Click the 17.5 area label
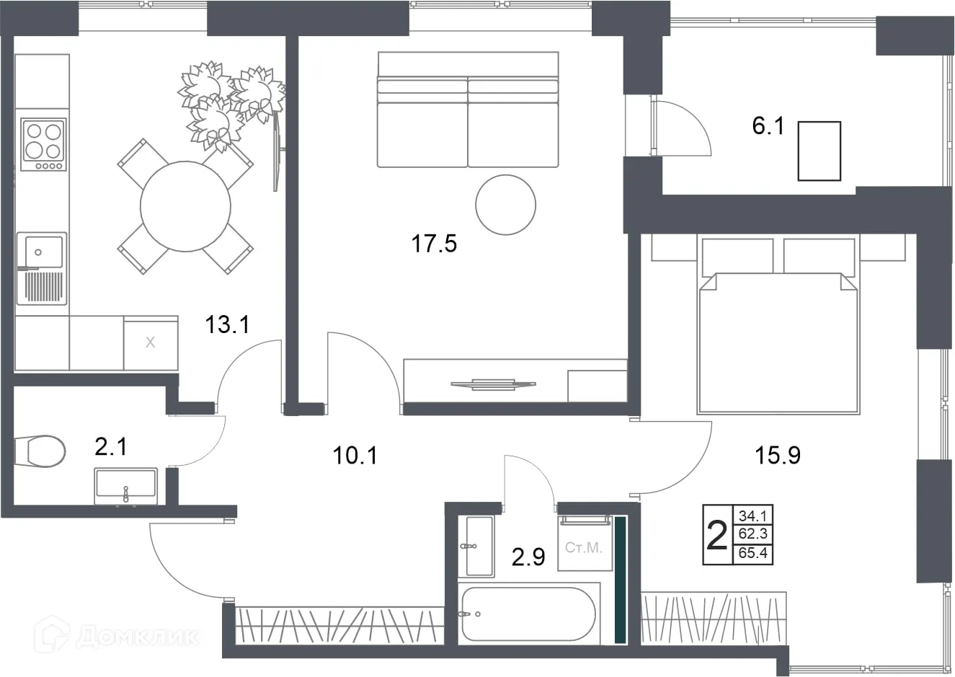[434, 244]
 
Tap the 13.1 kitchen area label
[227, 324]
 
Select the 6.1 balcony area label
[768, 126]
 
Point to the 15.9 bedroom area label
[778, 455]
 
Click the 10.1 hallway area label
[355, 455]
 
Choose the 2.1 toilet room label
[110, 447]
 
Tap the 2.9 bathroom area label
[528, 557]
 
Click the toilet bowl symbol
[40, 451]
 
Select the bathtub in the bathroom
[528, 614]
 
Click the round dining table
[185, 206]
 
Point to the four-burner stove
[43, 144]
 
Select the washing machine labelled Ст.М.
[585, 543]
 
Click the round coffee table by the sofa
[506, 205]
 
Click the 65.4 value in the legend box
[753, 553]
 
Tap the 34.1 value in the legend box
[753, 516]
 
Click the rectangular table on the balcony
[819, 151]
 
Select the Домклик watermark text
[137, 637]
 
